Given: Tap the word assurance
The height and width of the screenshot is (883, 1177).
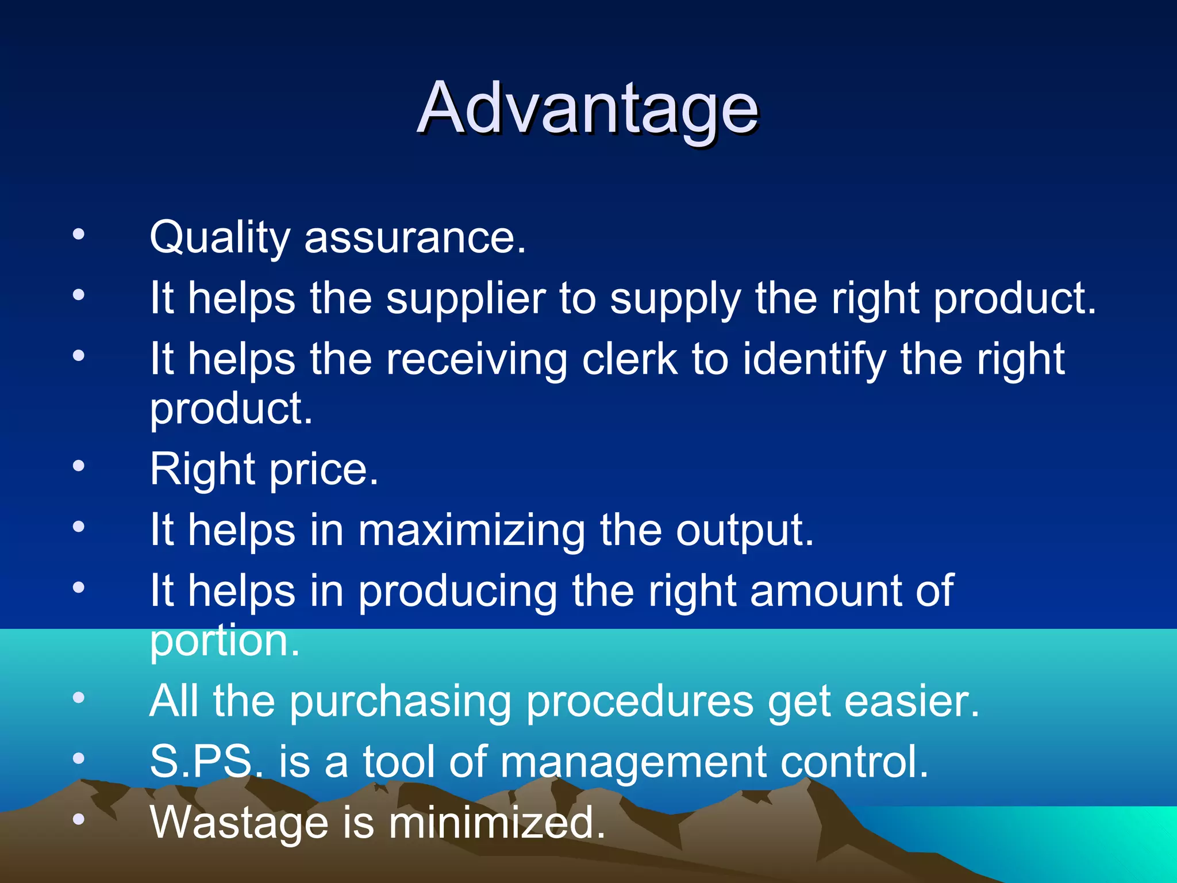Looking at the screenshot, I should [414, 237].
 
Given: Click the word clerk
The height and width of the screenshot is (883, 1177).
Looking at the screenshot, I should [630, 359].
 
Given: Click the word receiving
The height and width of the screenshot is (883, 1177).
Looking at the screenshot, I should [476, 360].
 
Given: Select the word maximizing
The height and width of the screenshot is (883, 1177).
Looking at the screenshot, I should [472, 531].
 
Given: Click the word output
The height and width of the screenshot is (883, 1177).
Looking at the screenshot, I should [744, 531].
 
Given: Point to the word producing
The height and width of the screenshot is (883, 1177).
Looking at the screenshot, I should [457, 592].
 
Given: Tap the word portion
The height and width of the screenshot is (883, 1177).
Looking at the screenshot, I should [224, 642].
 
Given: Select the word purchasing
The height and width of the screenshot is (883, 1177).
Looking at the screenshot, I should [400, 702].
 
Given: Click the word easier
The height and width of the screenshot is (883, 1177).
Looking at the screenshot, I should [911, 701].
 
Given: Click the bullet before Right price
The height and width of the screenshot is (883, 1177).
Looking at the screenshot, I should [79, 466].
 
